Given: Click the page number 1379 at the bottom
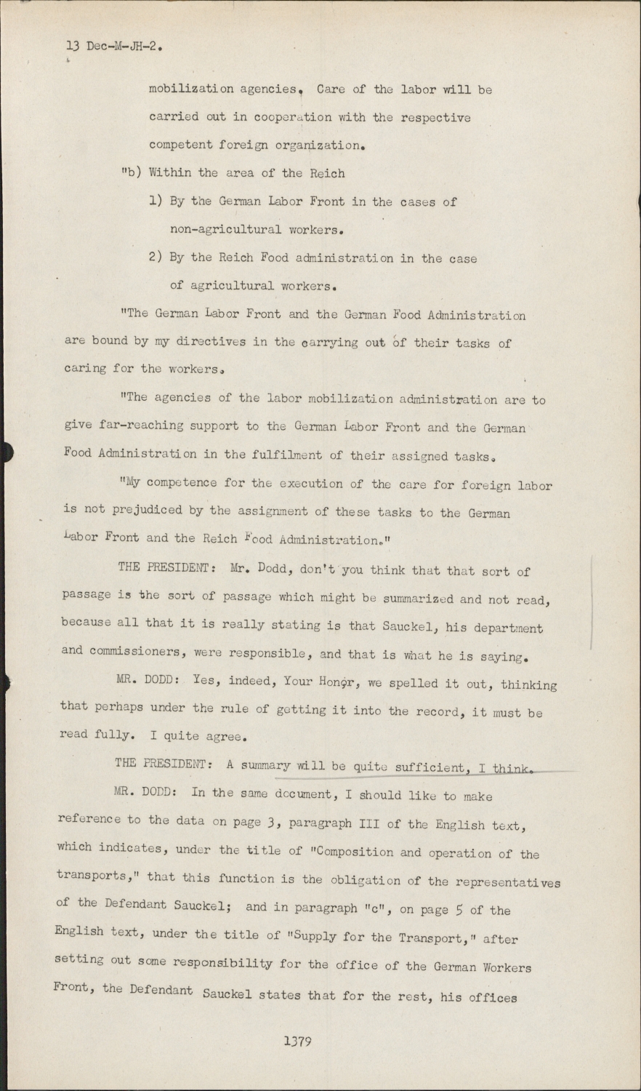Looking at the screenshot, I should tap(298, 1042).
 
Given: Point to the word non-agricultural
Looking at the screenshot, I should tap(225, 230).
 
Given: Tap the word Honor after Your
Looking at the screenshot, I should tap(336, 682).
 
